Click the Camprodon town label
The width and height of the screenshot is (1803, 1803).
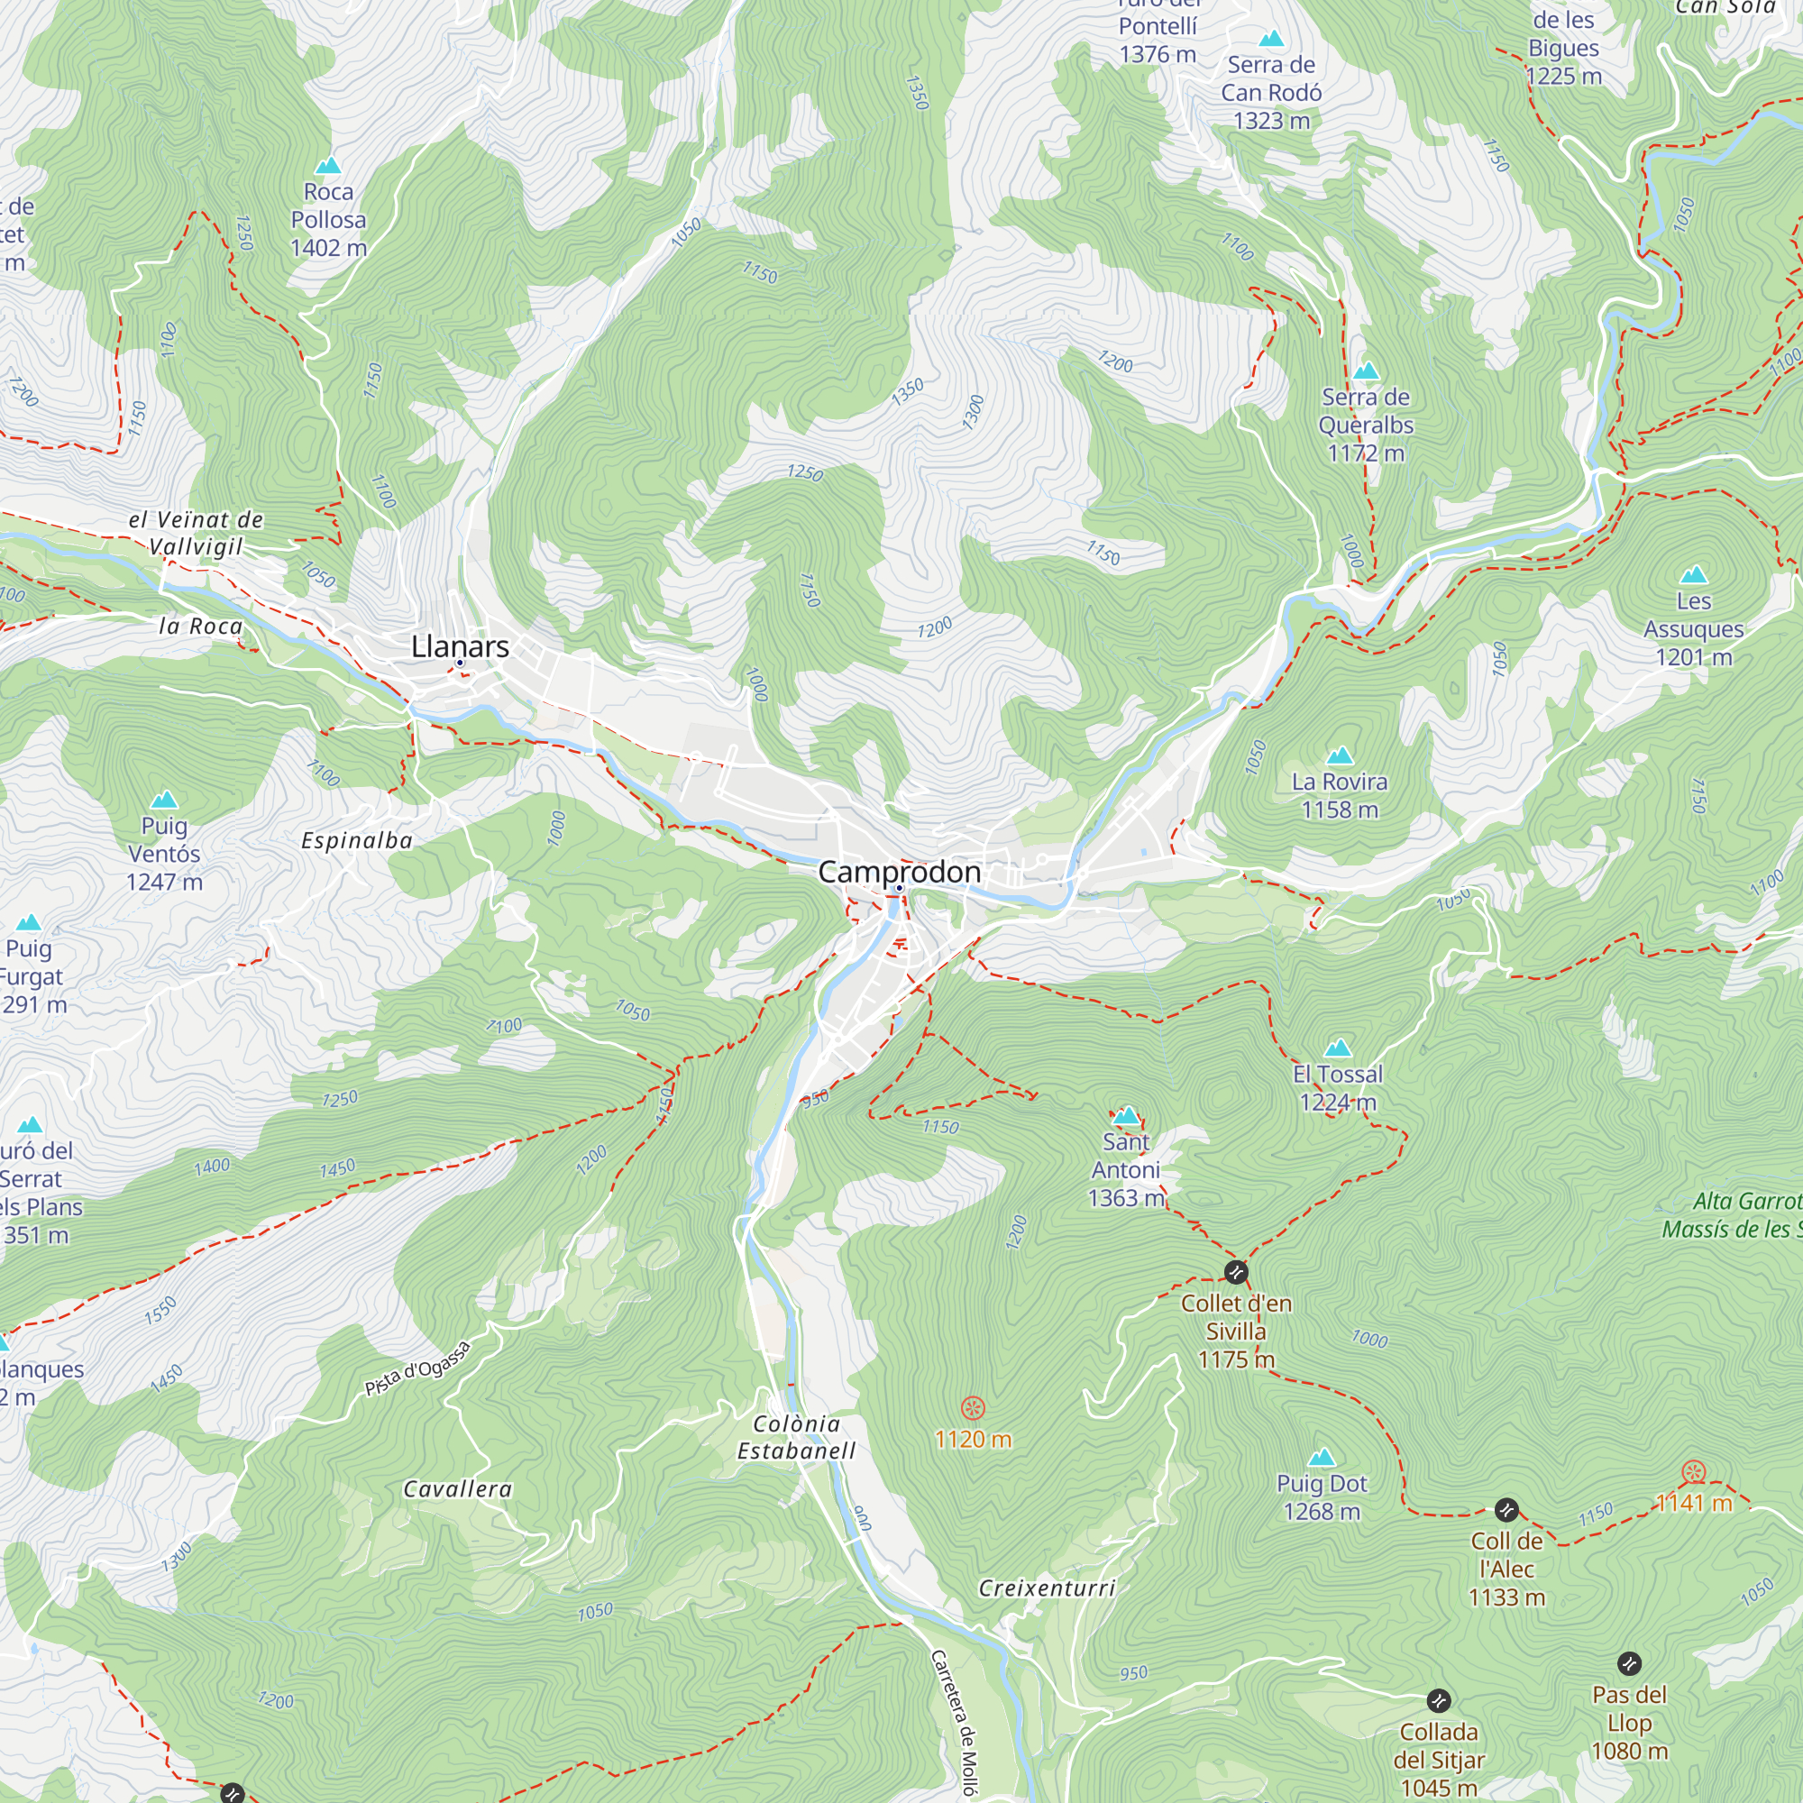[899, 872]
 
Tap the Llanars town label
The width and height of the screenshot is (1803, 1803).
[460, 645]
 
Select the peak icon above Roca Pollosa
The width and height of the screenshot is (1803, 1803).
[327, 166]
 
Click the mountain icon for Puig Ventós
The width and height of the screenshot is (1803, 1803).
[164, 800]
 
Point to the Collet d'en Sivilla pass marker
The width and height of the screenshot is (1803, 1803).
[1236, 1272]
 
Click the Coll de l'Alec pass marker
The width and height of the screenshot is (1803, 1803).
[1506, 1510]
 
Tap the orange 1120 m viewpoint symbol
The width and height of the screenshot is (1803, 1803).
[973, 1407]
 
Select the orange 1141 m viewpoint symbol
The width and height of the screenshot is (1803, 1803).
[1694, 1474]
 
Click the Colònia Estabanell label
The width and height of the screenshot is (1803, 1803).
[796, 1437]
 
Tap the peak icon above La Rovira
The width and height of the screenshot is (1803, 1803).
[1341, 755]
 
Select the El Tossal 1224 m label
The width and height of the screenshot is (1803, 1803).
[1337, 1087]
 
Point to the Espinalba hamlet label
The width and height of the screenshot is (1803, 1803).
[356, 841]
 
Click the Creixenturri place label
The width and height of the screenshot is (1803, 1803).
[1047, 1588]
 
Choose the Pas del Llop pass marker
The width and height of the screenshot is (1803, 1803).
[1629, 1664]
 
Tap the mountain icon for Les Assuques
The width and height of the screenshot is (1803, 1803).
[1694, 575]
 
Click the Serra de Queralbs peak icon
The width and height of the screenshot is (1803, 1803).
[1367, 371]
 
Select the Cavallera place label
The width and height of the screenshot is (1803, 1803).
[457, 1489]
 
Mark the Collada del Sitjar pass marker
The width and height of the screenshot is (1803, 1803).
[1438, 1700]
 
